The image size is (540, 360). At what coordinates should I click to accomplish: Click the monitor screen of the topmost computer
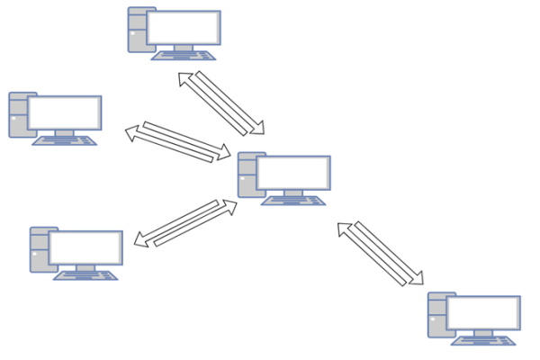183,28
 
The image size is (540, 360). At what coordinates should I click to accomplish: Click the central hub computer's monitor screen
293,174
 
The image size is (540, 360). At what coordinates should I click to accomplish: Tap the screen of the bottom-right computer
484,313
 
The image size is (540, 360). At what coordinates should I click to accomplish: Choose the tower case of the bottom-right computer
436,314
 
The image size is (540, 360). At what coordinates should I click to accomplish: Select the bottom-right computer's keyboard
484,339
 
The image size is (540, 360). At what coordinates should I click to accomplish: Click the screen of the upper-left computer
64,112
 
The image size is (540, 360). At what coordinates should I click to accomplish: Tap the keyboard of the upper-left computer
64,139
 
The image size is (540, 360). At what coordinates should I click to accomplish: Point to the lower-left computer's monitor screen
85,247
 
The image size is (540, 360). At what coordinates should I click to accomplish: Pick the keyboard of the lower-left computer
85,274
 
